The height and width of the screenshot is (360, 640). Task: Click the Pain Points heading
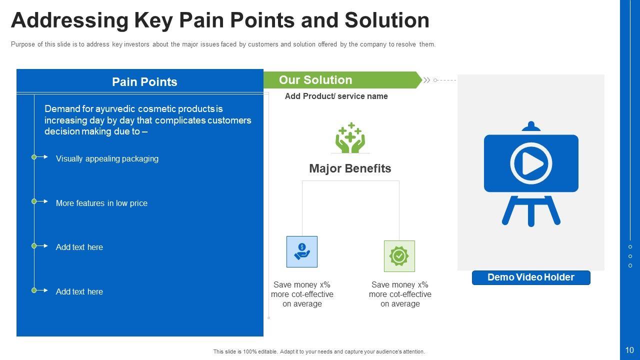pyautogui.click(x=144, y=82)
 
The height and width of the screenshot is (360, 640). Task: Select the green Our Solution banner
pyautogui.click(x=342, y=80)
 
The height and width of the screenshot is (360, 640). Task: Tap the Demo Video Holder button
pyautogui.click(x=531, y=277)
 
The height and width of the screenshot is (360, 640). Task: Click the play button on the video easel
pyautogui.click(x=531, y=163)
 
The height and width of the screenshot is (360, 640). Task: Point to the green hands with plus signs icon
pyautogui.click(x=350, y=138)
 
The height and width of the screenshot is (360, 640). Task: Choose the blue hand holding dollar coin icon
pyautogui.click(x=302, y=251)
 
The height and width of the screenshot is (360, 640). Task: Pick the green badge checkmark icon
pyautogui.click(x=399, y=256)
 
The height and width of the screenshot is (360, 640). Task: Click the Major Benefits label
pyautogui.click(x=350, y=168)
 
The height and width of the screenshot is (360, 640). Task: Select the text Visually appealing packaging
pyautogui.click(x=107, y=158)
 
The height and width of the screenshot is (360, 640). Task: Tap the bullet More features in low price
pyautogui.click(x=101, y=203)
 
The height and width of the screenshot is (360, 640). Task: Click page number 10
pyautogui.click(x=629, y=350)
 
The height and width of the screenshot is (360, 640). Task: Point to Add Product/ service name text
pyautogui.click(x=336, y=96)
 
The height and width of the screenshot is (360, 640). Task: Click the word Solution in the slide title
pyautogui.click(x=387, y=20)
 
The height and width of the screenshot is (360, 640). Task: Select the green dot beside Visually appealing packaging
pyautogui.click(x=34, y=157)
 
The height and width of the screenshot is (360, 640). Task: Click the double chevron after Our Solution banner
pyautogui.click(x=426, y=80)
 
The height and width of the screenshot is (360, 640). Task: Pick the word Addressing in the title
pyautogui.click(x=69, y=20)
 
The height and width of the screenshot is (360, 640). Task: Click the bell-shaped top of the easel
pyautogui.click(x=531, y=126)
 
